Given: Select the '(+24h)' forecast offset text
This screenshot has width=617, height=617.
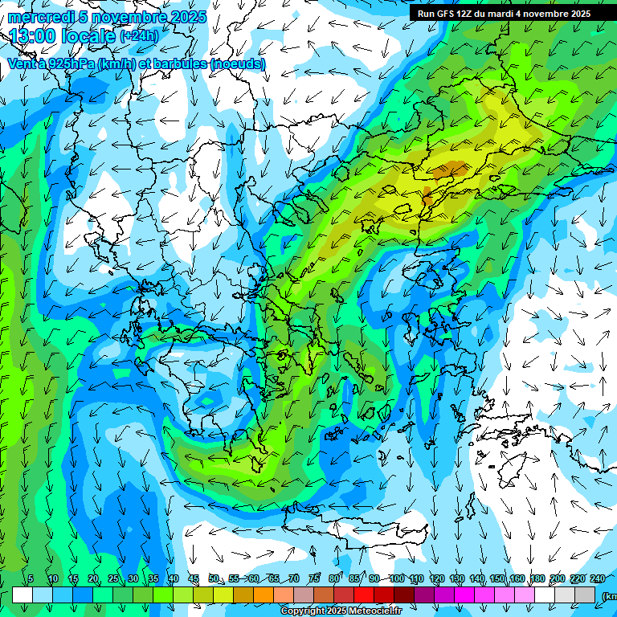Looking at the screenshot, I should [x=139, y=36].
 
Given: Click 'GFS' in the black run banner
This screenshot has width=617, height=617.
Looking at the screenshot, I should [x=446, y=14].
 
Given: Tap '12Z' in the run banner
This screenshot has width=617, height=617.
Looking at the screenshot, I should [x=468, y=14].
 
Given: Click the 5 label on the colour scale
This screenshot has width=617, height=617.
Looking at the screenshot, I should [x=31, y=578].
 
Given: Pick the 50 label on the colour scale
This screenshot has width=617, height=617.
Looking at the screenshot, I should [x=214, y=578].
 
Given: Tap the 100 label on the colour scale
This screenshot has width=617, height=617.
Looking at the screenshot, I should [x=396, y=578].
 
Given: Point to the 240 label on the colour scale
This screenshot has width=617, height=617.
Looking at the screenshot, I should [x=598, y=578].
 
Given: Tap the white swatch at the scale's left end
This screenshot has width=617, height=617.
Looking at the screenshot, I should [x=22, y=595].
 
